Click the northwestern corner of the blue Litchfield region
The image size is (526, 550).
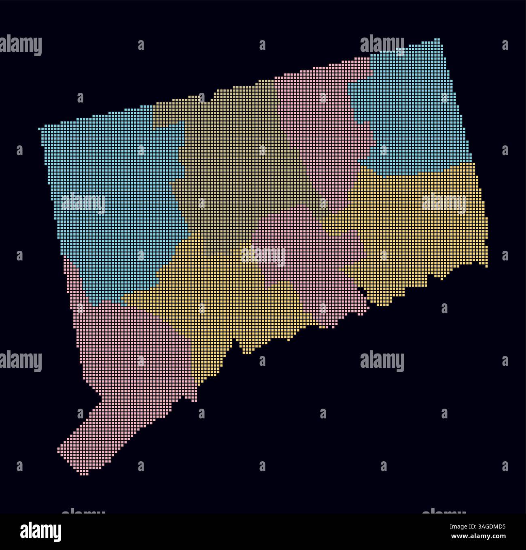tap(40, 128)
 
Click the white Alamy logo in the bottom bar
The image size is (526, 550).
tap(40, 532)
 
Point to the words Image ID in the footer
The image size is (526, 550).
tap(461, 527)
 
